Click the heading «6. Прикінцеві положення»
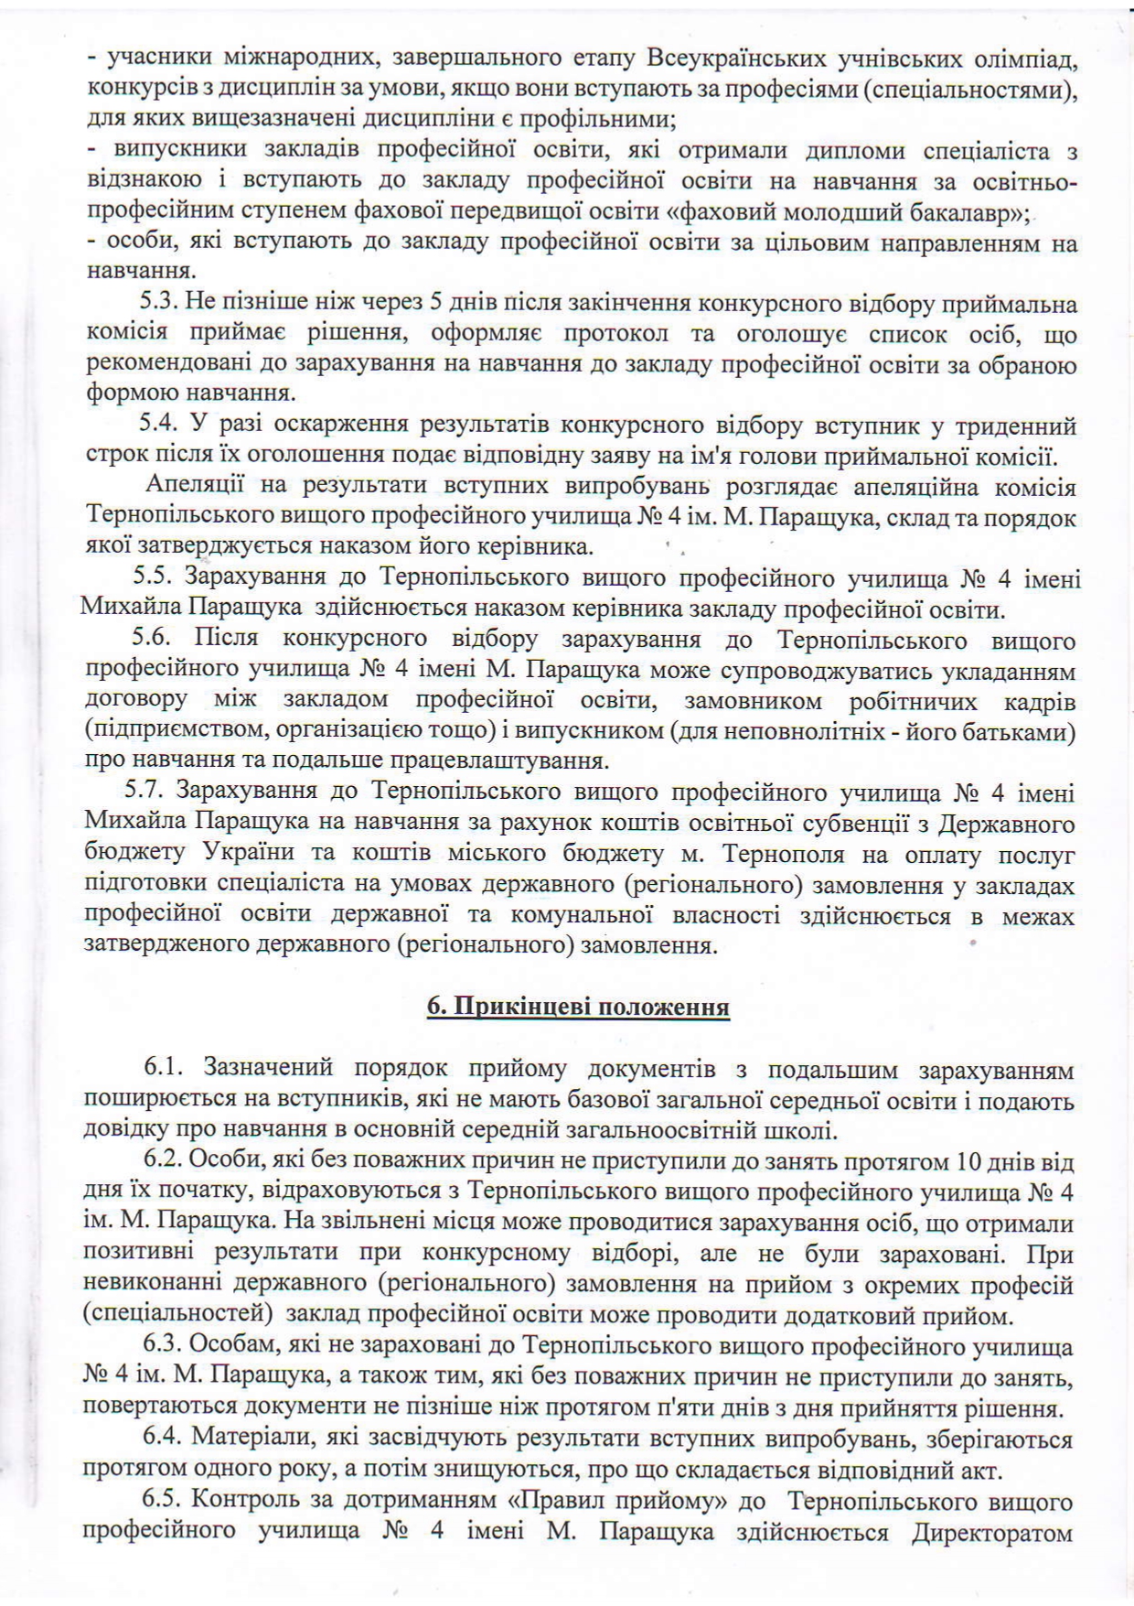click(x=578, y=1008)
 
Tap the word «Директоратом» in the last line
click(x=992, y=1532)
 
